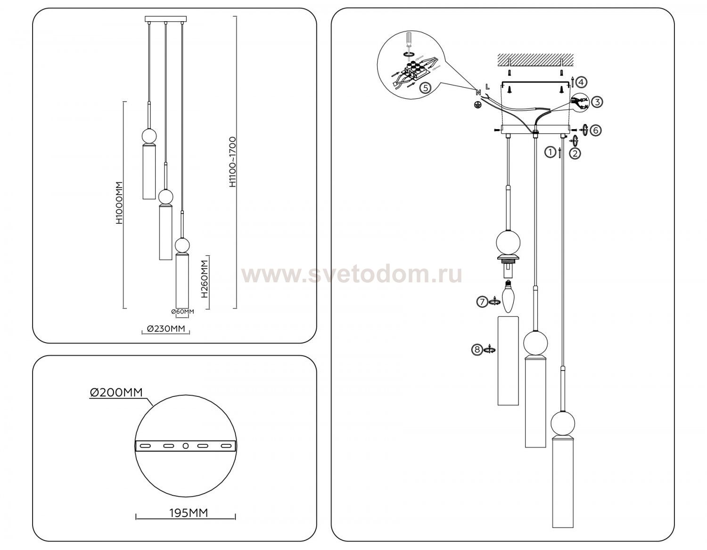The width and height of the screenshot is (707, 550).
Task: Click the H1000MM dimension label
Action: pos(120,203)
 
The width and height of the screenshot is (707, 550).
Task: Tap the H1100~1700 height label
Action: pos(232,162)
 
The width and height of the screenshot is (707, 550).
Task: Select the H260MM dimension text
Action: pos(204,279)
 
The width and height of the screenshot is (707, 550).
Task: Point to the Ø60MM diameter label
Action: pos(182,311)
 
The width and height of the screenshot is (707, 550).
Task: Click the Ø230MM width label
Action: pos(166,328)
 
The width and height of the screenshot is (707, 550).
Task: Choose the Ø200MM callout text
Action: pos(116,392)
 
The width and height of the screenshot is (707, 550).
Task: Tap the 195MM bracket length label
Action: pos(189,513)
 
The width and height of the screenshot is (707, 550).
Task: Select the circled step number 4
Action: pos(582,82)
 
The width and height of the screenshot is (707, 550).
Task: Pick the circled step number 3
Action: pos(596,102)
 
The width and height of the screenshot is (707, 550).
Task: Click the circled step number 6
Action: pos(596,131)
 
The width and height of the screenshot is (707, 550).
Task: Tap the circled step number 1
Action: pos(551,152)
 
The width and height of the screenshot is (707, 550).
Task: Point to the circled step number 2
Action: pos(575,153)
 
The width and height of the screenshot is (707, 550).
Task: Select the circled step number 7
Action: pos(482,302)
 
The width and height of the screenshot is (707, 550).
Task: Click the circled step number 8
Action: pos(477,350)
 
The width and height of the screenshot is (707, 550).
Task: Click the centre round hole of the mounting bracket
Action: pos(185,445)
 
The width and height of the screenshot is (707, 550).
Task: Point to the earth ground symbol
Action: pos(477,105)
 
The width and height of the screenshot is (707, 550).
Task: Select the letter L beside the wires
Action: pos(487,87)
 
